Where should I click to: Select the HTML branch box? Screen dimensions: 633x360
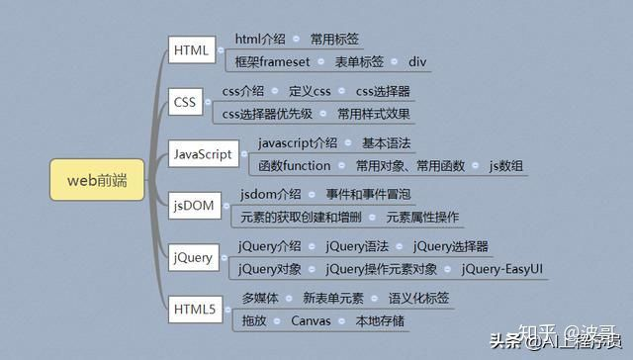pos(190,50)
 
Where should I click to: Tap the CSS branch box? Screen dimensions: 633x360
pos(184,103)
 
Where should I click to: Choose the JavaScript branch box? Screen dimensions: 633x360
pos(203,154)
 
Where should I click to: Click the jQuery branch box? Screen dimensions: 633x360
pos(192,258)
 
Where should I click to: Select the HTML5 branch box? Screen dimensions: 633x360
pos(193,311)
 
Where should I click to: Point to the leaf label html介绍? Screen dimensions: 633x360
pos(260,40)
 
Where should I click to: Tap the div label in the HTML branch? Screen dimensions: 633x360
pos(418,61)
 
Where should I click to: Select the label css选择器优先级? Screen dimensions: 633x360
pos(267,114)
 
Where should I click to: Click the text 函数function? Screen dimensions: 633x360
pos(295,165)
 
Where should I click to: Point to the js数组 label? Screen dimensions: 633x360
pos(506,165)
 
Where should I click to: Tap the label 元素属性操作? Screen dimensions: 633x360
pos(422,217)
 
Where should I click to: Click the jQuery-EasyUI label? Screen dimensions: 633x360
pos(502,268)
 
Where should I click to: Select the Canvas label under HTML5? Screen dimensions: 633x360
pos(310,320)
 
